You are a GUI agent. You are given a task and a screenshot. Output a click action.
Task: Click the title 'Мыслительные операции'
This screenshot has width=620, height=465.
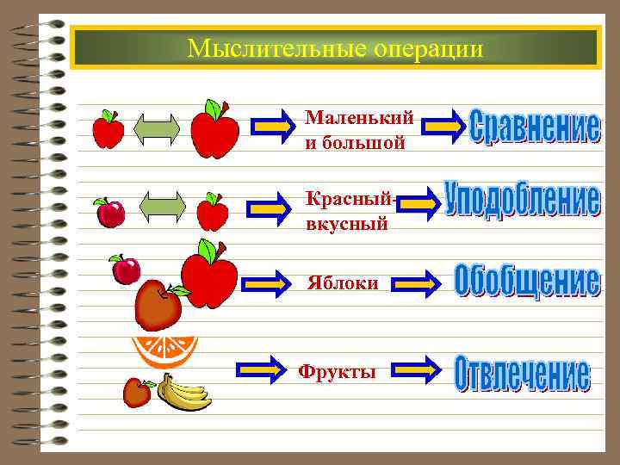tap(335, 47)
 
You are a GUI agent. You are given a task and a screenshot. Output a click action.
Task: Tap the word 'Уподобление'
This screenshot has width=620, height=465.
tap(522, 201)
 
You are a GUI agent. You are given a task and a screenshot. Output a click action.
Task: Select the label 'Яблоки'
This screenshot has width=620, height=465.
tap(343, 282)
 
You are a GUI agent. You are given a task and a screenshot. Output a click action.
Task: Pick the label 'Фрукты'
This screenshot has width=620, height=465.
tap(337, 372)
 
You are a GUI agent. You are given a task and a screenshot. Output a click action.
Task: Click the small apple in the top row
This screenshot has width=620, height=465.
tap(108, 130)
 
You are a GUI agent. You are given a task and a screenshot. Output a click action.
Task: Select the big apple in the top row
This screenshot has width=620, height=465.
tap(214, 130)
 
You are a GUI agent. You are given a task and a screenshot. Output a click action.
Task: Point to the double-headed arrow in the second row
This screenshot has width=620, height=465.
tap(162, 209)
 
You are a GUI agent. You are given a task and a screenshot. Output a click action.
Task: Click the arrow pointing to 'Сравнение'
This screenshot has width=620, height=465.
tap(446, 126)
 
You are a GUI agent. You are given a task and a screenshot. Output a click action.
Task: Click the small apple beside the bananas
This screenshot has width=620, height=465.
tap(137, 392)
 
